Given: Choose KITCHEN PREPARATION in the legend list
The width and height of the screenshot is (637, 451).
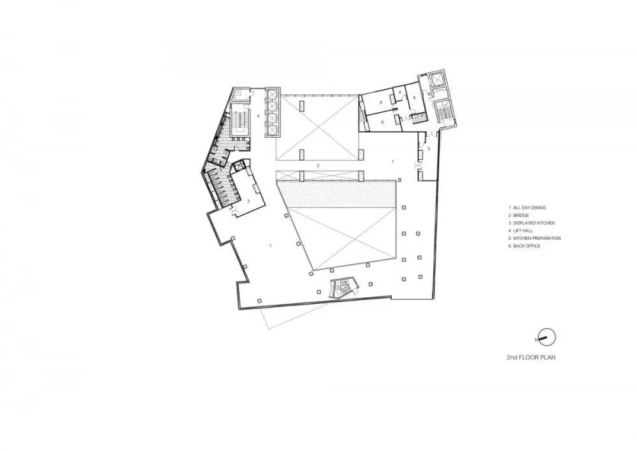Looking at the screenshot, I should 536,239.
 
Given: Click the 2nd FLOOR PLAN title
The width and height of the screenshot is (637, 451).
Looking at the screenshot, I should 527,358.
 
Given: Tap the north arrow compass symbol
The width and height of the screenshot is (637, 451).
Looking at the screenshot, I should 547,337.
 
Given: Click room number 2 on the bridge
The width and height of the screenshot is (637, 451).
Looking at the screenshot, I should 318,165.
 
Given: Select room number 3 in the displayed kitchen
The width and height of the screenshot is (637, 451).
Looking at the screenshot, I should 247,202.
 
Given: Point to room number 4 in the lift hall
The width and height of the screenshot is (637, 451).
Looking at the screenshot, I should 258,116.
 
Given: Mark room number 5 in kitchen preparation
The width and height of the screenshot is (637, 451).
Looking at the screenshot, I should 429,149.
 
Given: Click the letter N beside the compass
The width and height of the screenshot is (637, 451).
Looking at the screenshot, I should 537,339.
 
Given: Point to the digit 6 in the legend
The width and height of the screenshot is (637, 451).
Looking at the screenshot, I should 510,246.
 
